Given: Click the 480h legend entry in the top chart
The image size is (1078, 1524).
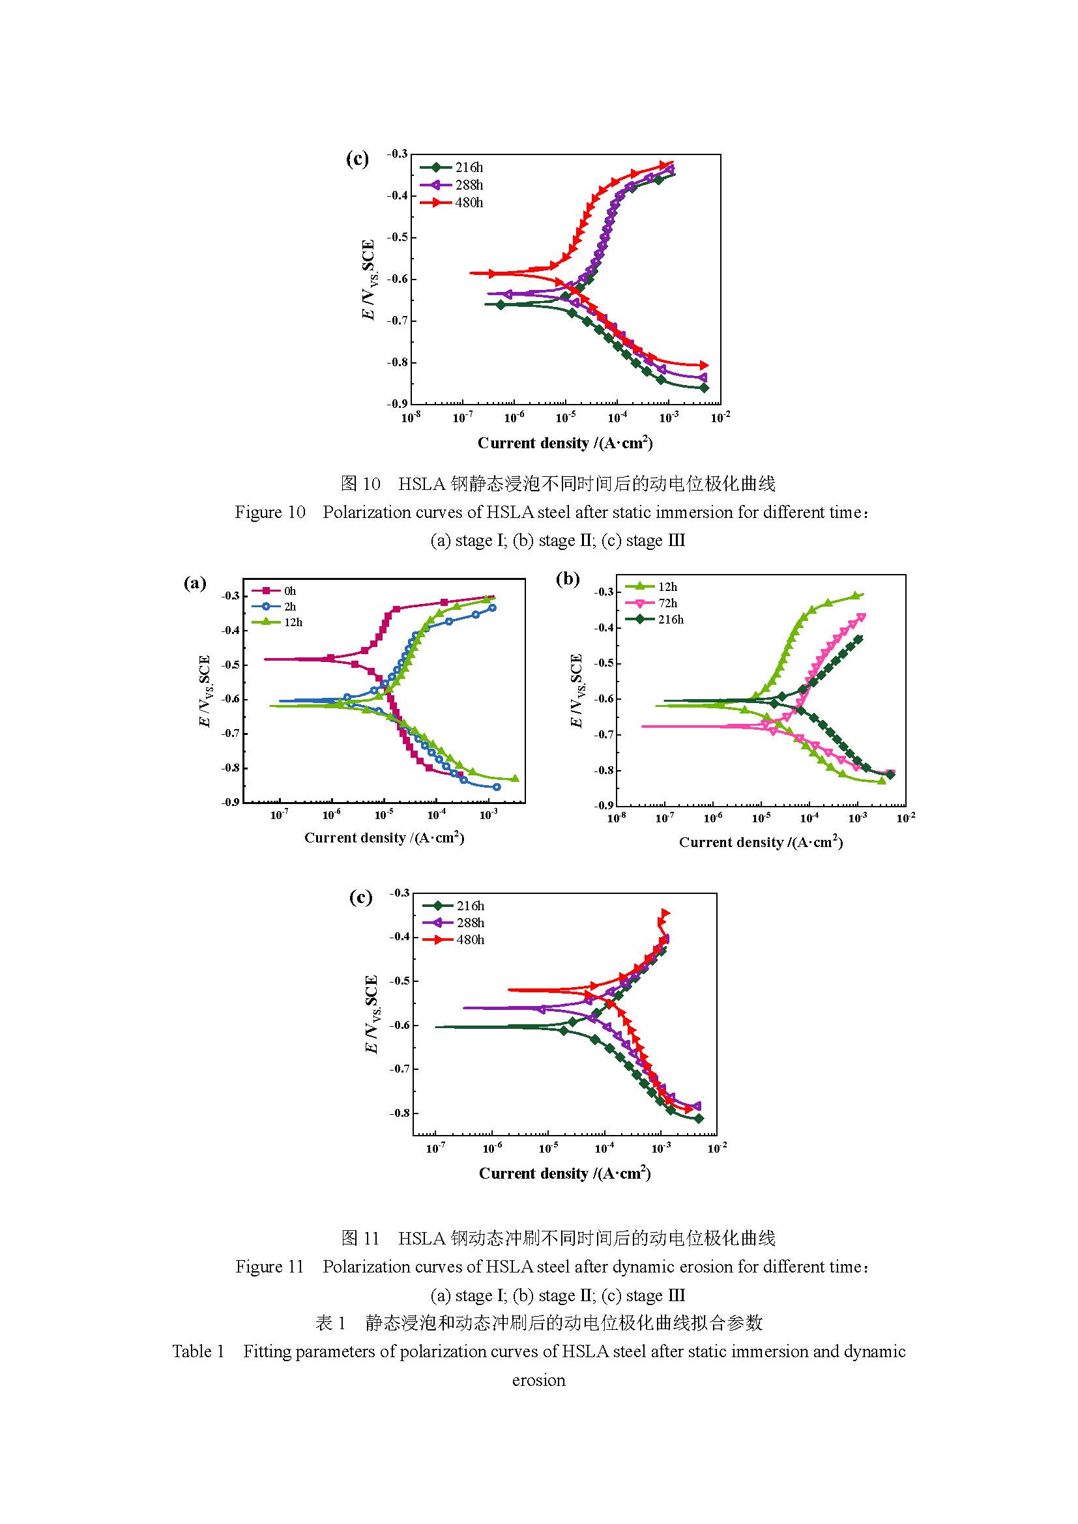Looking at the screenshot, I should click(x=452, y=203).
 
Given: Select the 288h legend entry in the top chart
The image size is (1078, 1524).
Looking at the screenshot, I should click(x=452, y=185).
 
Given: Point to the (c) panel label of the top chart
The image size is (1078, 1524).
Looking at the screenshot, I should click(x=357, y=158).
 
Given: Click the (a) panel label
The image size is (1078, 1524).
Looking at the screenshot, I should click(x=194, y=582).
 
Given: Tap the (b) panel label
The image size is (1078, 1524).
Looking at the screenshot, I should click(x=568, y=579).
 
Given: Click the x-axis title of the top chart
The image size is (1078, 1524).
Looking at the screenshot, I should click(x=565, y=444).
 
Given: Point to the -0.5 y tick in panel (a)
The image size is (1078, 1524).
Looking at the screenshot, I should click(x=230, y=665).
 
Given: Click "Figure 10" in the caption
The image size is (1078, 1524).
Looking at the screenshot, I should click(x=270, y=512).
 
